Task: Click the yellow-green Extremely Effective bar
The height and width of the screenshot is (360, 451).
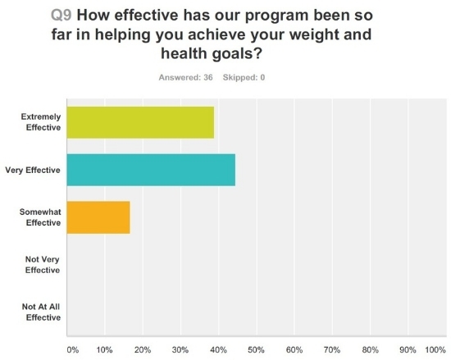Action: (139, 122)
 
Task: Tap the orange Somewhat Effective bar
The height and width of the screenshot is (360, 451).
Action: (98, 217)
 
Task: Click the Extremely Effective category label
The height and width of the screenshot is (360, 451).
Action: (40, 122)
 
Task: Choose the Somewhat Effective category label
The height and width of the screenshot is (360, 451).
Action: (40, 217)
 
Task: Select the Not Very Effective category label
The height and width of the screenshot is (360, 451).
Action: (43, 265)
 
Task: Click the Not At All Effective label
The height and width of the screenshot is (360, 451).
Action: (41, 312)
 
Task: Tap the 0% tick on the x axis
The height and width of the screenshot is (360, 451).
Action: (72, 349)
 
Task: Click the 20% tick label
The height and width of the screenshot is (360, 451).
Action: (142, 349)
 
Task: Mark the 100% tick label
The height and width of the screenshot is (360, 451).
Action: (434, 349)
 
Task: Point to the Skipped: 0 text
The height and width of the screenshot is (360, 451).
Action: (245, 78)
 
